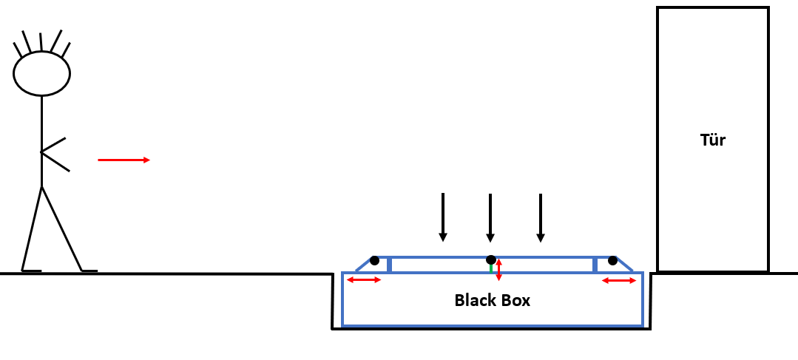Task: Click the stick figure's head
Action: [41, 73]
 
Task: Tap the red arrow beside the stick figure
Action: [124, 160]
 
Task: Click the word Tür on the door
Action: [712, 140]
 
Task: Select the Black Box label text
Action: [492, 300]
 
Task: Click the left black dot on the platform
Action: [374, 260]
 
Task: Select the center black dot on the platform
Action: [490, 259]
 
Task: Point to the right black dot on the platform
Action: [612, 260]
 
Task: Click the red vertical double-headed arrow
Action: [499, 269]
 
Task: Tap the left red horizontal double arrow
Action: [364, 280]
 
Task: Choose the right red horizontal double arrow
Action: [619, 280]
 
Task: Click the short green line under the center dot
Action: [490, 268]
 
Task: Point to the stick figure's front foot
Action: [89, 271]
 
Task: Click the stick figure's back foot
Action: [30, 271]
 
